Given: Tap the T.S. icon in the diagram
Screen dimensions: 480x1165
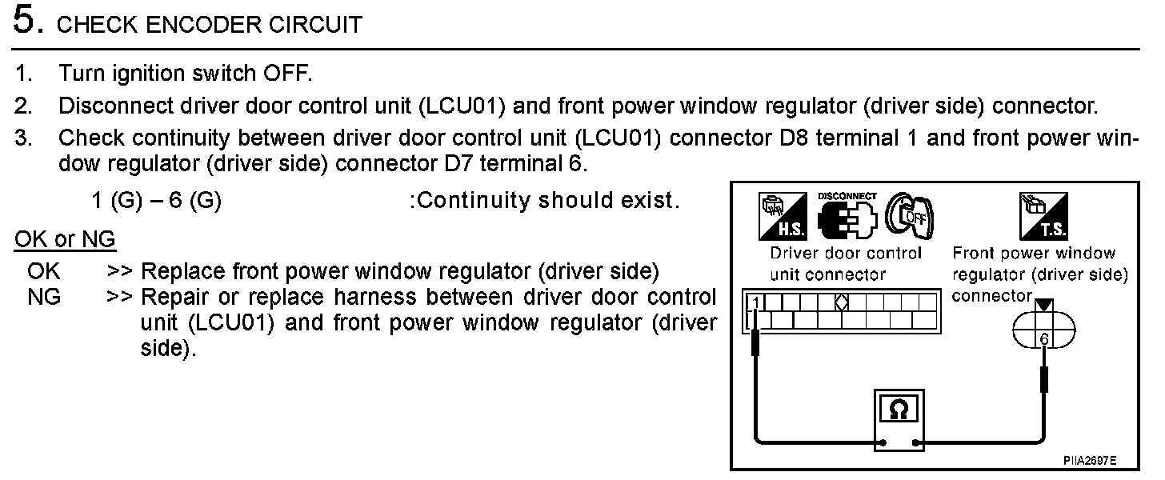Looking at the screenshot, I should click(1043, 215).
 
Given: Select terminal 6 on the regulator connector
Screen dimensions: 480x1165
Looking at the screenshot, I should click(1043, 340).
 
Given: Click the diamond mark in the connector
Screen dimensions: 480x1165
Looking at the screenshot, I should click(841, 302).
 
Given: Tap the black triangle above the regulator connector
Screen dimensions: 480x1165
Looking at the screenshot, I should click(1043, 305).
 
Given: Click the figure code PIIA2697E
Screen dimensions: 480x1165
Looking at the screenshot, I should click(1089, 462).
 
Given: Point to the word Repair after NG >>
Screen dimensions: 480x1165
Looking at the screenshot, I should click(174, 298).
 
